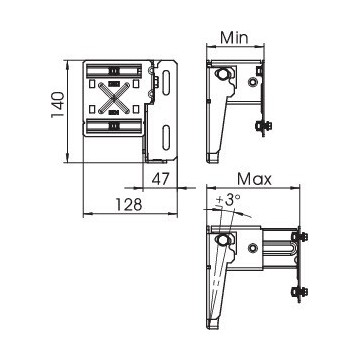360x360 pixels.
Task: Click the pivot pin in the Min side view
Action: [221, 76]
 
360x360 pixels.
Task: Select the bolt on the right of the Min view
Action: [264, 124]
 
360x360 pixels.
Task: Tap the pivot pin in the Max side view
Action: [222, 243]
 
